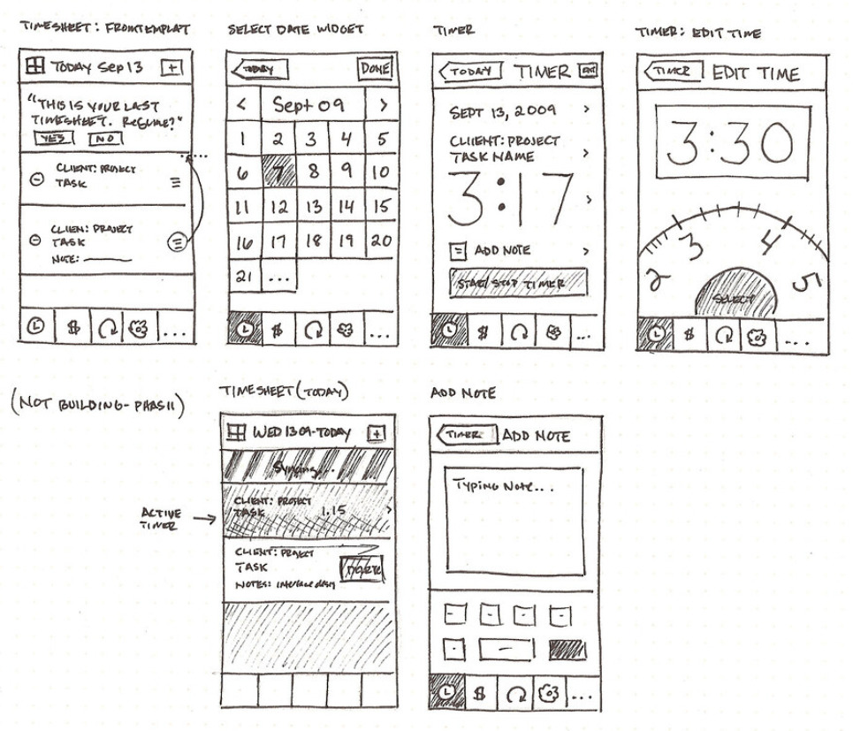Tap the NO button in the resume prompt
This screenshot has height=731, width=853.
point(105,139)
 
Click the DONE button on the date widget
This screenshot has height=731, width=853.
point(375,69)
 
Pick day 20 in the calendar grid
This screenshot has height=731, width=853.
point(380,240)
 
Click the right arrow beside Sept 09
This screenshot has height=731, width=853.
point(382,105)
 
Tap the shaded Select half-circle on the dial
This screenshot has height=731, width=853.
point(733,295)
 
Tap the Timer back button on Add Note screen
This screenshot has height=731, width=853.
point(465,435)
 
